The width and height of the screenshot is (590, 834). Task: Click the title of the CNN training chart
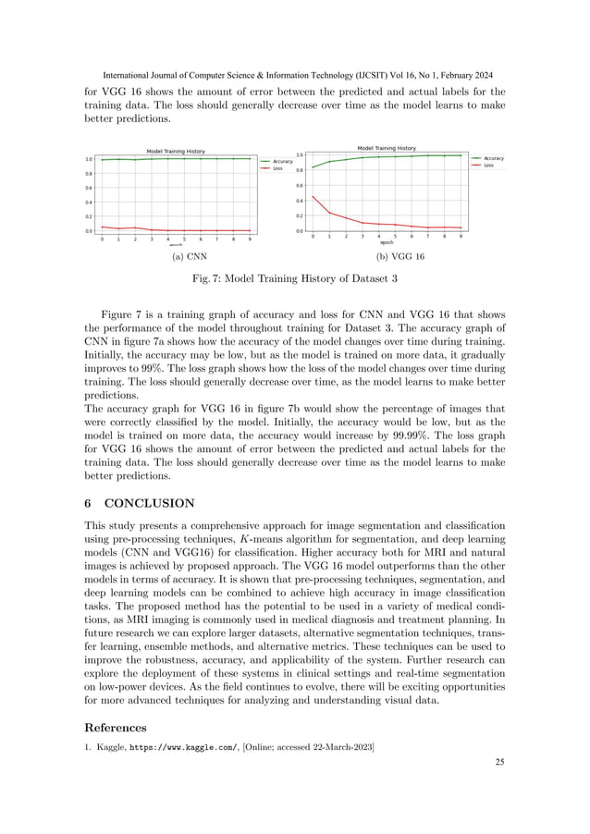(176, 151)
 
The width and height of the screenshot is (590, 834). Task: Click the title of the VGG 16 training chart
(387, 147)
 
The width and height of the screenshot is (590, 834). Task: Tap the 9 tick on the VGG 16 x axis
(461, 237)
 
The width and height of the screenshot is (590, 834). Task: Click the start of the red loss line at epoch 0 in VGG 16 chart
(313, 196)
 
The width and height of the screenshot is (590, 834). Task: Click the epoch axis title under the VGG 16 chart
(387, 243)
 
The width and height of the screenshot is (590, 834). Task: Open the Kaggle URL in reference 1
(181, 746)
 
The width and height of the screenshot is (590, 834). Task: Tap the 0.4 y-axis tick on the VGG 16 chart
(298, 201)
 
